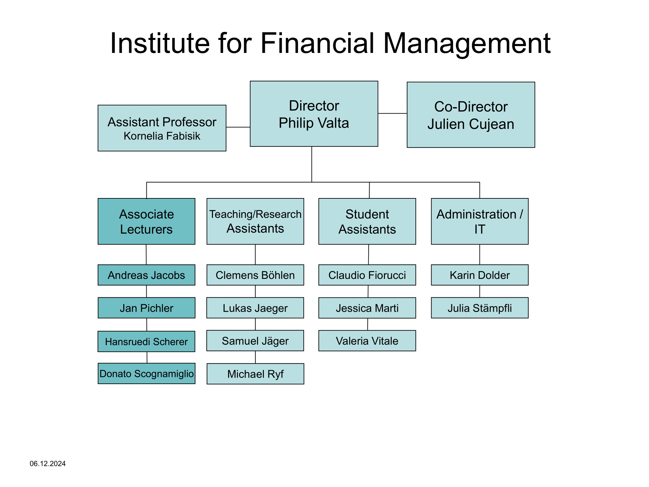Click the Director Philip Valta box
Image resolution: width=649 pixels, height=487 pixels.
[314, 114]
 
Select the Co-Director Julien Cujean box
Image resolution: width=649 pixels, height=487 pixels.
[471, 115]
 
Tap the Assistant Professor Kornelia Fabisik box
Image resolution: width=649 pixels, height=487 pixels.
[162, 128]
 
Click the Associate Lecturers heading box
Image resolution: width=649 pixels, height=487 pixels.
[146, 221]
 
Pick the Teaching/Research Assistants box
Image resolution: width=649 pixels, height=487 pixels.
[255, 221]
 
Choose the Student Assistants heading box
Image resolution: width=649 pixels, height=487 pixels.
[367, 221]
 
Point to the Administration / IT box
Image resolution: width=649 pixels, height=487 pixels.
[480, 221]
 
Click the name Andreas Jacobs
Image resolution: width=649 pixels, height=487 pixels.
[146, 275]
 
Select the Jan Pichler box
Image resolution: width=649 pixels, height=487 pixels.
[146, 308]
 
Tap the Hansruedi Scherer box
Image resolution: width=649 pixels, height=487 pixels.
[146, 341]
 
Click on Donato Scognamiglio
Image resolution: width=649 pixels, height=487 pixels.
[146, 374]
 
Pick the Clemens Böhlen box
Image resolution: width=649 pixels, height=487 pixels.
[255, 275]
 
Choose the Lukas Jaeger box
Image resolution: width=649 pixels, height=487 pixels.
[255, 308]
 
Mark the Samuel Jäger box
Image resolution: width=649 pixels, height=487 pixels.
[255, 341]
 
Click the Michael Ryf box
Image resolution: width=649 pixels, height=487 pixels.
[255, 374]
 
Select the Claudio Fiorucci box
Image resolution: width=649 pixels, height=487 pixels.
[367, 275]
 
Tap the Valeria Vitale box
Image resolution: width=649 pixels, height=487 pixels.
[367, 341]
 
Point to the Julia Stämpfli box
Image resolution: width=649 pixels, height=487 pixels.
[480, 308]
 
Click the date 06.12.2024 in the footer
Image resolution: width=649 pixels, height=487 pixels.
[48, 464]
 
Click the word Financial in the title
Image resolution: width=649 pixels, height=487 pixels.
[317, 43]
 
